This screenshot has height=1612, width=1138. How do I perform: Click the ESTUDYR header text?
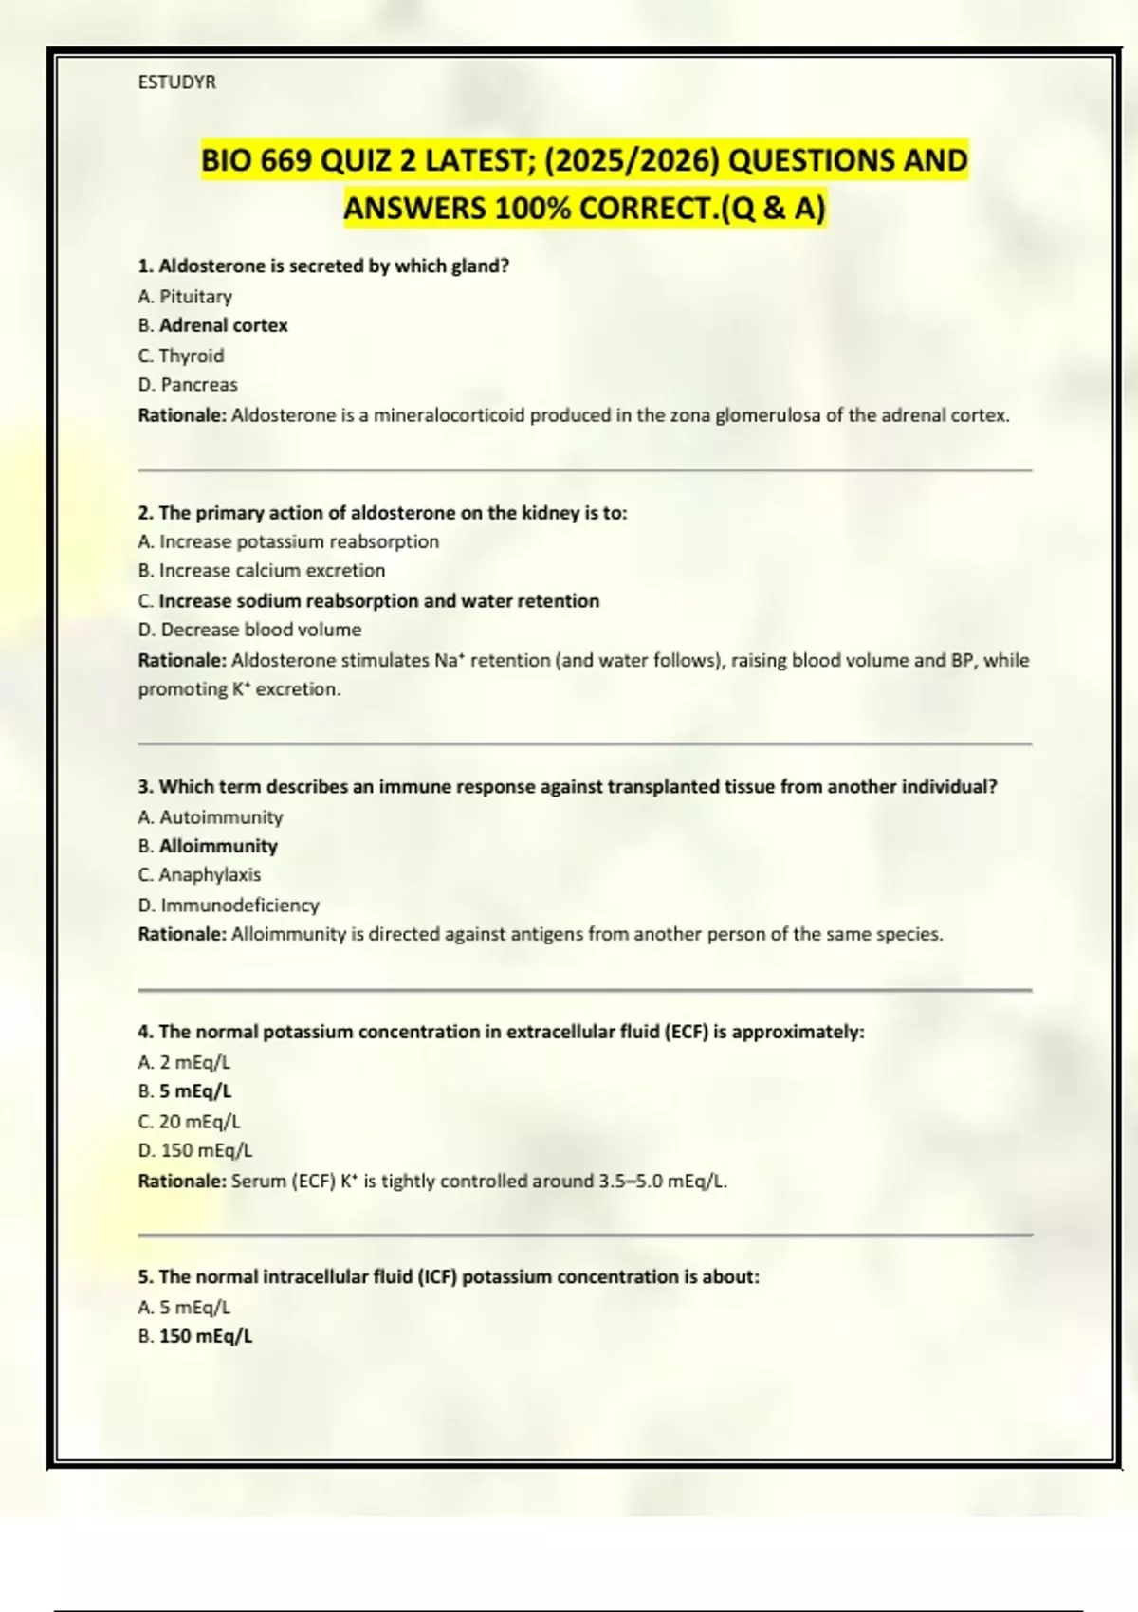click(176, 82)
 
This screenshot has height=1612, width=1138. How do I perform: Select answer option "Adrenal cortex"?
click(223, 325)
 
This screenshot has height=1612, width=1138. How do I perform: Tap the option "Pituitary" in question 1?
click(195, 297)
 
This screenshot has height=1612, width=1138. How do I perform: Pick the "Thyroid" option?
click(191, 356)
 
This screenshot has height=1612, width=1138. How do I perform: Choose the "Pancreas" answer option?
click(198, 385)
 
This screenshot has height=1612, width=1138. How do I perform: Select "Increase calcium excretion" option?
click(271, 571)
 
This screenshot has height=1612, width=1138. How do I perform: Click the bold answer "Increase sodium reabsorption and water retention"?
click(378, 601)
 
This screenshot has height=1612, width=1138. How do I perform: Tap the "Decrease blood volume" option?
click(261, 630)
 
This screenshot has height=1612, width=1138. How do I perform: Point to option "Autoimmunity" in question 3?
click(220, 817)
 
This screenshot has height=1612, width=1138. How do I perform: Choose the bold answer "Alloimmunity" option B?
click(218, 846)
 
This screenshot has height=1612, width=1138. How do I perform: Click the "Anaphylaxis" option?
click(209, 874)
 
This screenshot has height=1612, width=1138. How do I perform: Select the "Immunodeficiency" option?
click(239, 906)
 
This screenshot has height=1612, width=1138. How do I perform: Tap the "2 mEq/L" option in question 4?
click(194, 1063)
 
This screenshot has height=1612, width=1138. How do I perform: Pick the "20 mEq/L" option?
click(199, 1122)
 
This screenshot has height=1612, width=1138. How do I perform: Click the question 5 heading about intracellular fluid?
click(449, 1277)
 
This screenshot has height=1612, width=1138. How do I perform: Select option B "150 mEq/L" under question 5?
click(205, 1336)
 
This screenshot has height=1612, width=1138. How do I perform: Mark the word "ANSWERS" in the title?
click(414, 208)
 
